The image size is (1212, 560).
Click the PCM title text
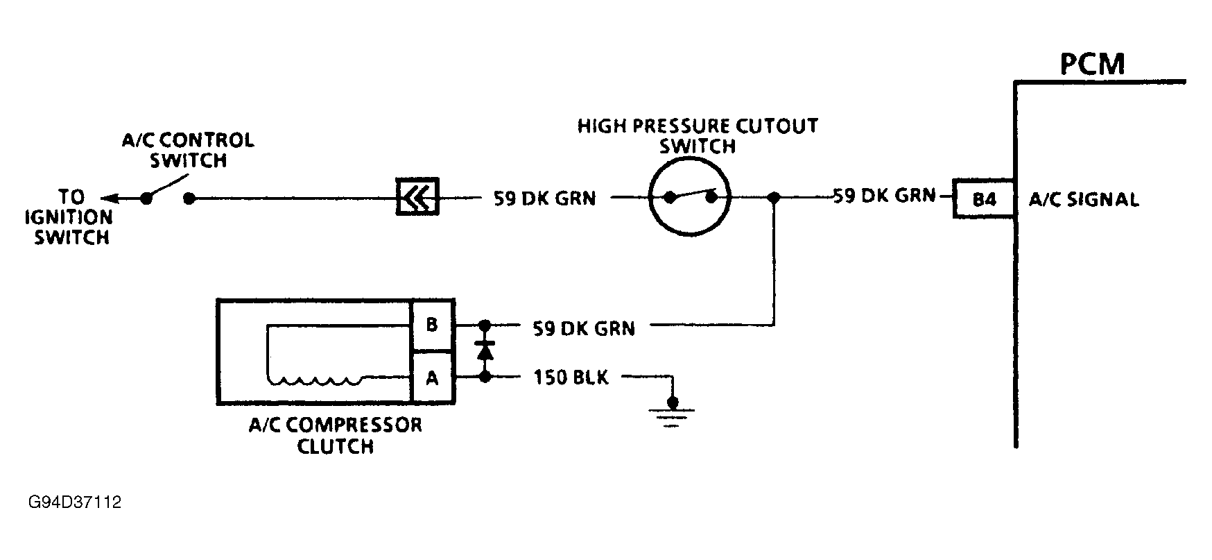click(1092, 64)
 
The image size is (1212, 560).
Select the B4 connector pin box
click(985, 199)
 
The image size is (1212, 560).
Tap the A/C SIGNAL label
click(1083, 200)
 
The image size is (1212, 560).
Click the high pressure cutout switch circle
click(690, 198)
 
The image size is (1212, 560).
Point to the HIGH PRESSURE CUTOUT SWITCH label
click(698, 136)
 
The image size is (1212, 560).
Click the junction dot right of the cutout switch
click(774, 198)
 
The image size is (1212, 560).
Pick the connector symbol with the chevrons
click(417, 197)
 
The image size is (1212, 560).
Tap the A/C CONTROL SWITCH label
click(188, 151)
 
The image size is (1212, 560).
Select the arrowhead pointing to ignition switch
click(107, 198)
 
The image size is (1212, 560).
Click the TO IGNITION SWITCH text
click(69, 217)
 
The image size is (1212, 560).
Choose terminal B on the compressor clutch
click(431, 325)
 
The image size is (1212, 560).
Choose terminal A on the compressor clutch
click(431, 378)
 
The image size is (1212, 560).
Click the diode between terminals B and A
click(485, 351)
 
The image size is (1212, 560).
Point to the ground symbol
click(671, 414)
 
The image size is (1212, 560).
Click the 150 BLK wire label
click(571, 378)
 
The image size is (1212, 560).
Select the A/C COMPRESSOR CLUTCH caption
click(336, 435)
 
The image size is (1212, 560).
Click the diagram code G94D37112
click(75, 502)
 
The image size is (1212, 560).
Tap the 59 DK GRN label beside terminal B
click(584, 328)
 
